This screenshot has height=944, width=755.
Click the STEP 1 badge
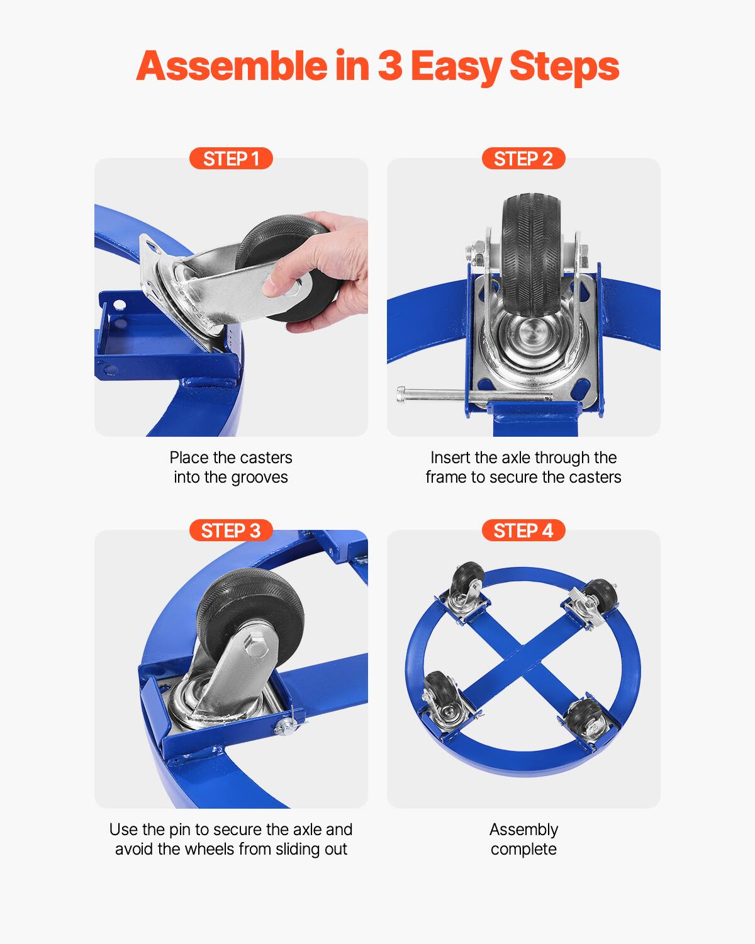pyautogui.click(x=231, y=159)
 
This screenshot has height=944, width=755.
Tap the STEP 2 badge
pyautogui.click(x=523, y=159)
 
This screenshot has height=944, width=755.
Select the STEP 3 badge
pyautogui.click(x=231, y=531)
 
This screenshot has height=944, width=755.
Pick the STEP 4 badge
pyautogui.click(x=523, y=531)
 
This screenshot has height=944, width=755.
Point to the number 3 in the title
pyautogui.click(x=390, y=67)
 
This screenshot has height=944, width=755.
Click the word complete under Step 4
pyautogui.click(x=523, y=849)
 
